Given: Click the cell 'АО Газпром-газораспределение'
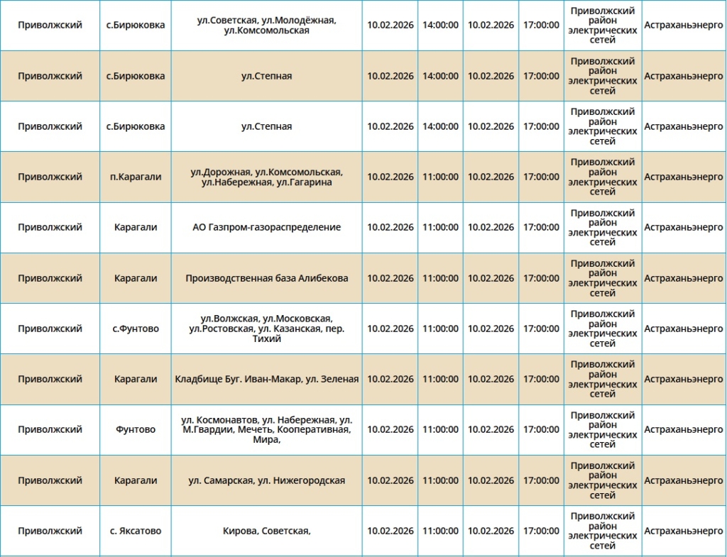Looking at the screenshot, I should [266, 228].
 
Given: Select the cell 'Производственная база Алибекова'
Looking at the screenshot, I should [266, 278].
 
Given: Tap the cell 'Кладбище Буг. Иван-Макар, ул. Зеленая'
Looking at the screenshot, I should [266, 380].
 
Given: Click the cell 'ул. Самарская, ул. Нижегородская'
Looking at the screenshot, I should [266, 481].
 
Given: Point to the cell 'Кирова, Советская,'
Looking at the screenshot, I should [266, 531].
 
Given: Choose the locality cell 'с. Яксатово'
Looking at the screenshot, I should [136, 531].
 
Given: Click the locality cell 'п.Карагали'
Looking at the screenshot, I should [136, 177].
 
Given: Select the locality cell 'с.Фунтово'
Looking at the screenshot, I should [136, 329].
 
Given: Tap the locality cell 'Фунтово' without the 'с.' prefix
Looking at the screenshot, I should [136, 430].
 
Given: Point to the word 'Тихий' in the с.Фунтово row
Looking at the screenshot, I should [266, 339].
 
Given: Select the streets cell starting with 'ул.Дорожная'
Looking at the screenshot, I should [266, 177].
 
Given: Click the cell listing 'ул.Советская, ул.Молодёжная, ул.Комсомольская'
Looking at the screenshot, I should [266, 26].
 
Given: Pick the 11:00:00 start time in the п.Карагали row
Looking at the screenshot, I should [440, 177].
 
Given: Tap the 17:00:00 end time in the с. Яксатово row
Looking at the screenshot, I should [541, 531].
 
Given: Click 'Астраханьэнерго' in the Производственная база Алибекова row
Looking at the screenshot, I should [684, 278].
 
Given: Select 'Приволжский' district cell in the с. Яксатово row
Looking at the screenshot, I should [50, 531].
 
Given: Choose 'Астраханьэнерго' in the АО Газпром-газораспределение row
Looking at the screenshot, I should [684, 228].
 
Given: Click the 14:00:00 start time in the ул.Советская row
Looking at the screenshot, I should [440, 26].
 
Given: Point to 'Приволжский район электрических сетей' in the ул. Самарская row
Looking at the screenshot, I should [603, 481].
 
